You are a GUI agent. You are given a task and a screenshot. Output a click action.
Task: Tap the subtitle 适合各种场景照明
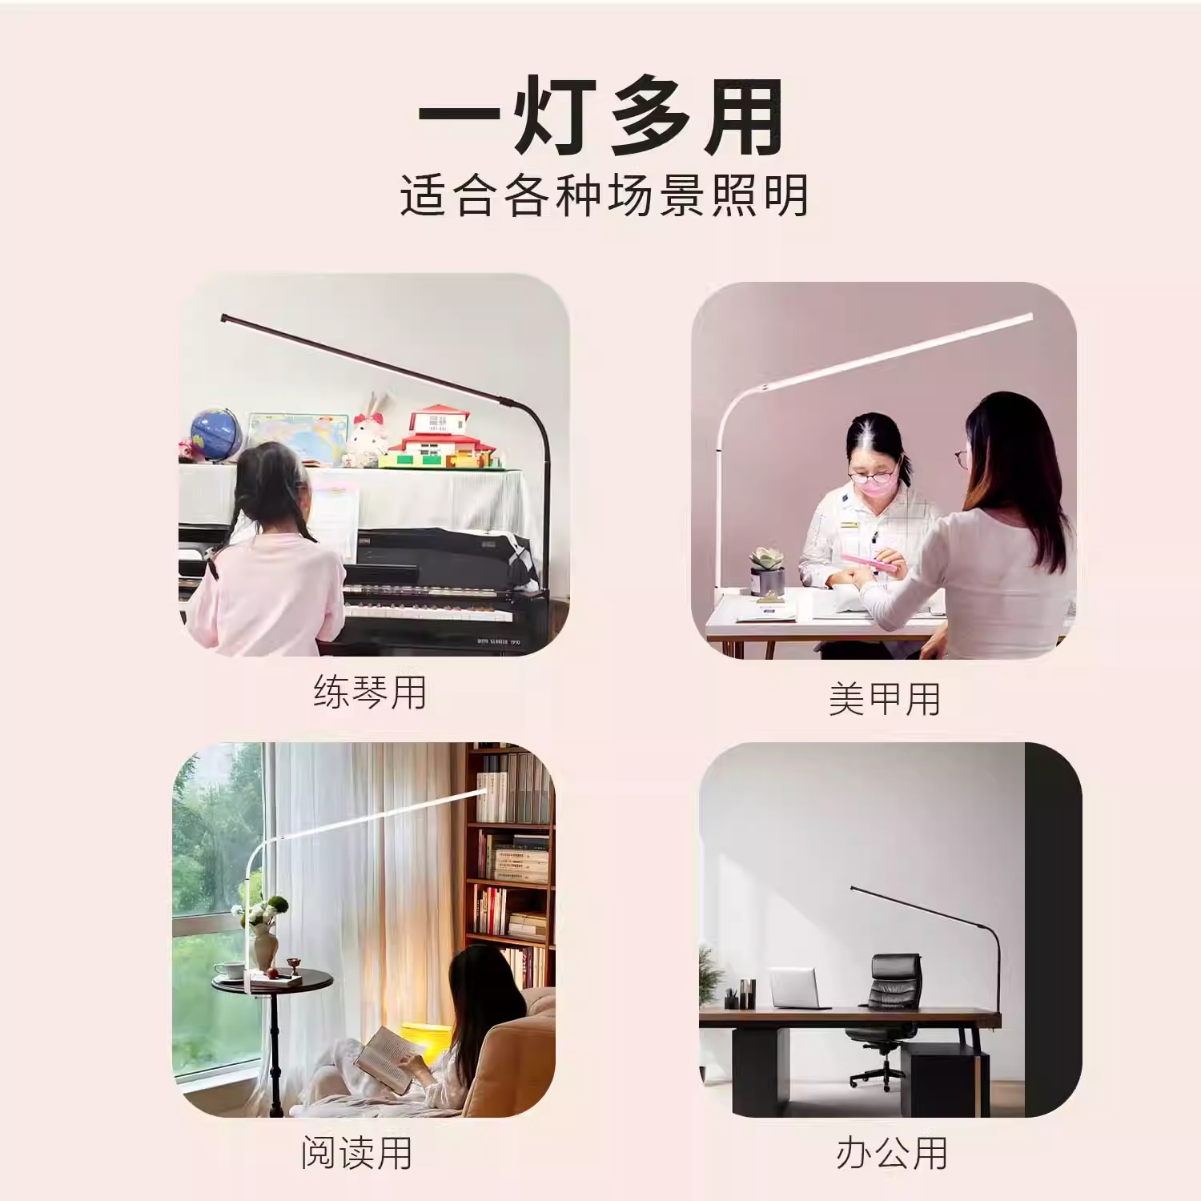[604, 195]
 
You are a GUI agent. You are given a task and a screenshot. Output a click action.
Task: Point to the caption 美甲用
[885, 699]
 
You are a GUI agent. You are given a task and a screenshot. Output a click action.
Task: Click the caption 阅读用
[356, 1153]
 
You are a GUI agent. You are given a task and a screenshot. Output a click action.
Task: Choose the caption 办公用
[892, 1153]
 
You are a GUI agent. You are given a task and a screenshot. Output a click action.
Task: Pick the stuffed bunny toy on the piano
[368, 436]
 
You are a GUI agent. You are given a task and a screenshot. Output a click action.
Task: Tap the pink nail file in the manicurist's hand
[868, 562]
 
